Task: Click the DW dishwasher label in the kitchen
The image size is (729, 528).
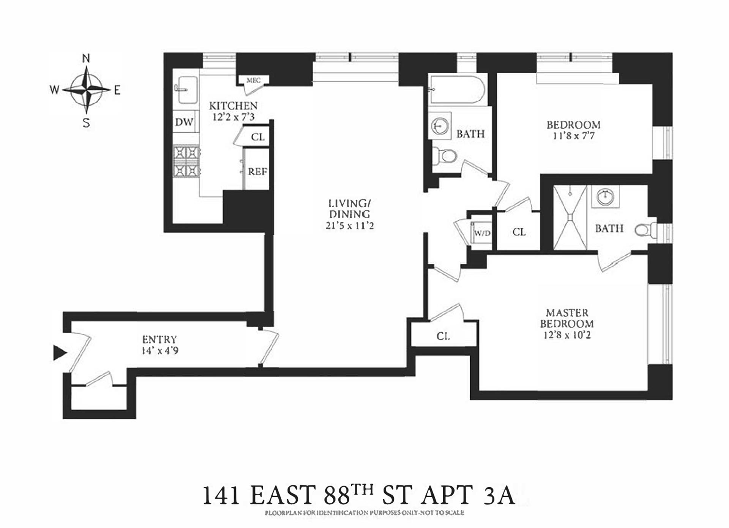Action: tap(184, 122)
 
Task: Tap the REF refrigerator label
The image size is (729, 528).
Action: tap(257, 172)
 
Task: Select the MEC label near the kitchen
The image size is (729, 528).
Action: tap(253, 80)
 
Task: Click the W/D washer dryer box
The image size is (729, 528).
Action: tap(482, 233)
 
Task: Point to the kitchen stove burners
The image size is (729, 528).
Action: tap(186, 161)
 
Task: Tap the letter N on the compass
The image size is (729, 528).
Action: tap(86, 58)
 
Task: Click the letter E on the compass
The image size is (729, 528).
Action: tap(117, 90)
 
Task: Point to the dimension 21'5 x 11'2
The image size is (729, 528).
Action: tap(349, 226)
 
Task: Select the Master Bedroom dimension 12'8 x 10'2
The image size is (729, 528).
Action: tap(567, 335)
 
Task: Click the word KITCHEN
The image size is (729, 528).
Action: tap(233, 106)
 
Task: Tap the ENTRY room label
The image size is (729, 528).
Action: tap(159, 339)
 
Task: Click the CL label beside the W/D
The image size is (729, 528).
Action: tap(519, 232)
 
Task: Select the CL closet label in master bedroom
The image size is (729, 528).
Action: tap(443, 336)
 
